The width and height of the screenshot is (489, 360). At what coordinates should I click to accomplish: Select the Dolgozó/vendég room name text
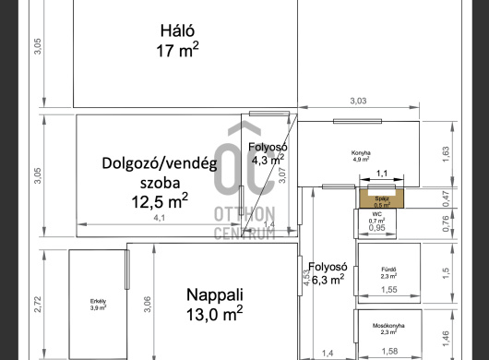[x=159, y=163]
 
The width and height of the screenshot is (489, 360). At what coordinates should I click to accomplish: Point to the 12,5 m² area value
[x=159, y=199]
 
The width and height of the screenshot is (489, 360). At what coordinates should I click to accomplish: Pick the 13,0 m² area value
[x=215, y=315]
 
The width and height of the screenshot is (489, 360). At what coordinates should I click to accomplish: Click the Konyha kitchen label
[x=360, y=152]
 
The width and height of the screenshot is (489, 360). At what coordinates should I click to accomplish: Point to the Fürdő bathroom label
[x=388, y=270]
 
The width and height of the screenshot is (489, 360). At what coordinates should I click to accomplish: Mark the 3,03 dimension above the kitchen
[x=358, y=101]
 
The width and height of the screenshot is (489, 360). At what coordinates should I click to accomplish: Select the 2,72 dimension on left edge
[x=37, y=303]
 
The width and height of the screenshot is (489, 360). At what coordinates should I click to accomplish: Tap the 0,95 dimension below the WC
[x=377, y=227]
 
